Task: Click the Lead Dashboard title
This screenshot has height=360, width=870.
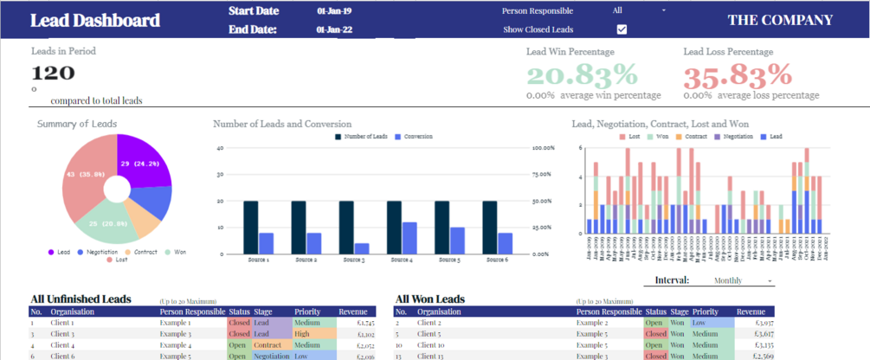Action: click(x=95, y=21)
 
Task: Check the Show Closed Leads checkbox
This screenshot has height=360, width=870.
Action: click(x=622, y=29)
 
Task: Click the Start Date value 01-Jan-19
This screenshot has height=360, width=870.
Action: click(x=333, y=11)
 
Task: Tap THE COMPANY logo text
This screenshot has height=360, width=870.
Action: click(x=780, y=20)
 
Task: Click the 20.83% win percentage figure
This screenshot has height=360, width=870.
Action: click(x=582, y=74)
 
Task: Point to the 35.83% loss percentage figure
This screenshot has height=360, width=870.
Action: click(x=738, y=74)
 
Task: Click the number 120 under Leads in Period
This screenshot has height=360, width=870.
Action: click(x=54, y=74)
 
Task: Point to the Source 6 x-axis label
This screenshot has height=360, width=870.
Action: click(x=499, y=259)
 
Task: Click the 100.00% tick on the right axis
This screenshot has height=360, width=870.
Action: click(x=543, y=148)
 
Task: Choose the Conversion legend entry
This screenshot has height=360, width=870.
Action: click(x=414, y=137)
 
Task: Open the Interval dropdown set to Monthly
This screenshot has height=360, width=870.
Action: click(x=741, y=280)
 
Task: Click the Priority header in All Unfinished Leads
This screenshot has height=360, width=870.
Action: click(x=306, y=312)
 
